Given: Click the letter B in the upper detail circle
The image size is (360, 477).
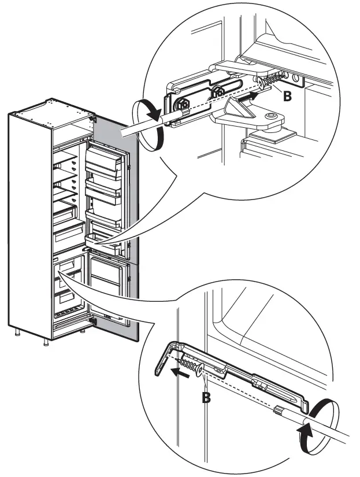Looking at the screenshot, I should pos(287,97).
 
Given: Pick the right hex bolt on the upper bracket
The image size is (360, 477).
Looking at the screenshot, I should pos(219,91).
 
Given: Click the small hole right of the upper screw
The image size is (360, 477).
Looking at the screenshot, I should pos(296,76).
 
